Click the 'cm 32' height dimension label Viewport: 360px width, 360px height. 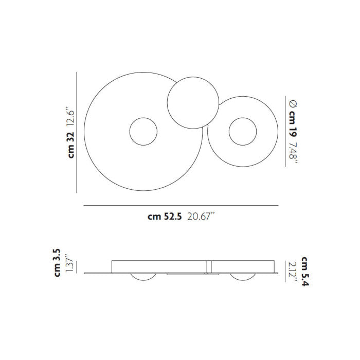click(71, 145)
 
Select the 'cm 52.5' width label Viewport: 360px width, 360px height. click(165, 217)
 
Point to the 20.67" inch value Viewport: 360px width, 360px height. click(201, 217)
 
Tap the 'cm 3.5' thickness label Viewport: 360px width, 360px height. click(57, 263)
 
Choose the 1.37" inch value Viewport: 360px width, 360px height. click(69, 263)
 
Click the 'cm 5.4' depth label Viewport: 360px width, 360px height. click(305, 272)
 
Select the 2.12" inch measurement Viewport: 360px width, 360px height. click(293, 272)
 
